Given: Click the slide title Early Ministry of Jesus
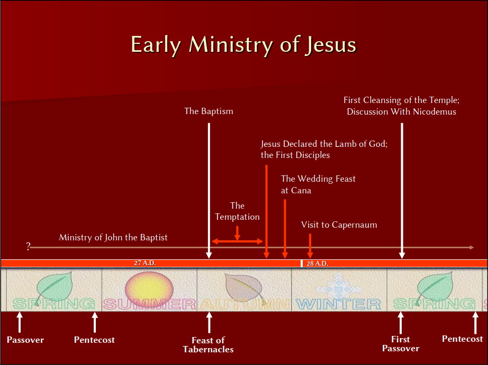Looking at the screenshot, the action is (x=243, y=45).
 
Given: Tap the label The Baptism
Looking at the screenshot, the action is (x=209, y=111).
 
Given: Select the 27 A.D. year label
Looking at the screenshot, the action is (x=145, y=263).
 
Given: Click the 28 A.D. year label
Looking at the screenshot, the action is (x=318, y=264).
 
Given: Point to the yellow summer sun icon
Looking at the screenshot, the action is (x=149, y=289).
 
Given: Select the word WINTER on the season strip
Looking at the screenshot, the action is (x=338, y=304).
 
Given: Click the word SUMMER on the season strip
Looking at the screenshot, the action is (x=149, y=304).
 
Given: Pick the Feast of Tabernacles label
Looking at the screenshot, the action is (x=208, y=345).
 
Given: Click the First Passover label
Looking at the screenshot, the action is (x=401, y=344).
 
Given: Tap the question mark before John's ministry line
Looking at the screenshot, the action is (x=29, y=246).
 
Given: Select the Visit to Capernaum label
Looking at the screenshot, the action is (x=339, y=224).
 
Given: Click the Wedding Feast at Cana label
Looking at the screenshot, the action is (x=318, y=184).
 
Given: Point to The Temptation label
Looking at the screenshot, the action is (x=237, y=211).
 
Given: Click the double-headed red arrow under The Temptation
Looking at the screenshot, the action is (x=237, y=241).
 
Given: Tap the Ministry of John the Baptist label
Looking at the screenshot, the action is (x=113, y=237).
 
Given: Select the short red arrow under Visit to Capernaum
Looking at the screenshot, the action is (x=310, y=246).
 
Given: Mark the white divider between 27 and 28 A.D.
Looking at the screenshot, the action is (x=302, y=264).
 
